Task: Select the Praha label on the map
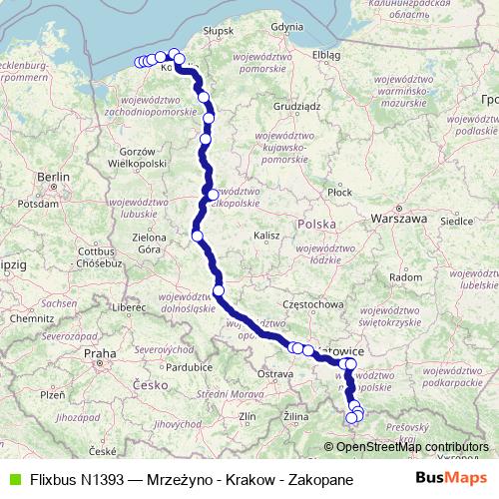(x=100, y=353)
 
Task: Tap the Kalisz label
(x=266, y=236)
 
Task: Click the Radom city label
(x=405, y=276)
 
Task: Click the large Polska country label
(x=316, y=225)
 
